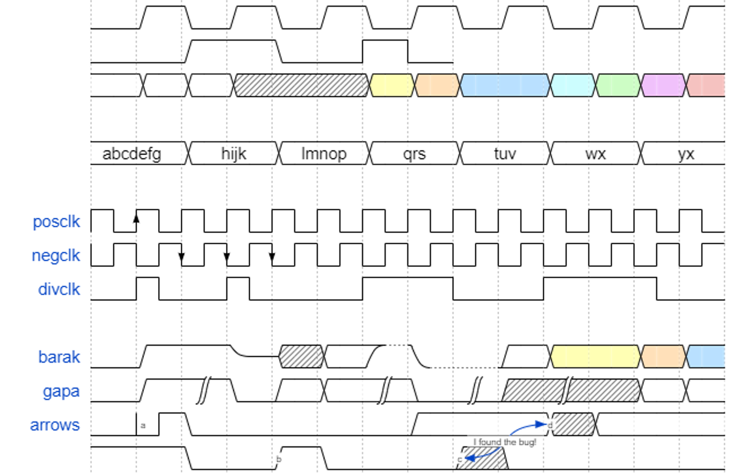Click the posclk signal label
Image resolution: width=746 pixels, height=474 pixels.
[x=56, y=222]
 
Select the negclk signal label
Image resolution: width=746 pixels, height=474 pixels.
[x=56, y=256]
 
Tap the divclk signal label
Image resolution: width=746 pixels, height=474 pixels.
[x=59, y=290]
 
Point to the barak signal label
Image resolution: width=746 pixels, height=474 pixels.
[x=59, y=357]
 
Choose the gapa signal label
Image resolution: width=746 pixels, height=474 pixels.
[x=61, y=391]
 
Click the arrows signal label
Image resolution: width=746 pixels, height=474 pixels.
[x=55, y=425]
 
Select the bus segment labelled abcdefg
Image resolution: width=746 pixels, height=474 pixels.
[x=132, y=154]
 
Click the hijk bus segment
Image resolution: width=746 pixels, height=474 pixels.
[x=234, y=154]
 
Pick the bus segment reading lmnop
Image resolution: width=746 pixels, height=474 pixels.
[x=325, y=154]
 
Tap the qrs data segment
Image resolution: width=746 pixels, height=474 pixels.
[x=415, y=154]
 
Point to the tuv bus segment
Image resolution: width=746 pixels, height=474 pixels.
[x=505, y=154]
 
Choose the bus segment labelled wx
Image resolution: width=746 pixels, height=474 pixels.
[x=595, y=154]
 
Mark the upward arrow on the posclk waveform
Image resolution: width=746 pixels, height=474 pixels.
[x=136, y=218]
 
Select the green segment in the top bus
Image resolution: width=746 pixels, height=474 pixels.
[x=619, y=85]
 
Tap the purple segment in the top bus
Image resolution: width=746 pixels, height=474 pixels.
[x=664, y=85]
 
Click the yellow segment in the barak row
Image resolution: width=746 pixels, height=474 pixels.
[x=595, y=356]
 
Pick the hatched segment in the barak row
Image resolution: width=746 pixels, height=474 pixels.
[x=302, y=356]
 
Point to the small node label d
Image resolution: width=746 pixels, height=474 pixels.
[x=550, y=425]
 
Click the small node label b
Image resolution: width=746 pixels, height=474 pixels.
[x=278, y=459]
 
